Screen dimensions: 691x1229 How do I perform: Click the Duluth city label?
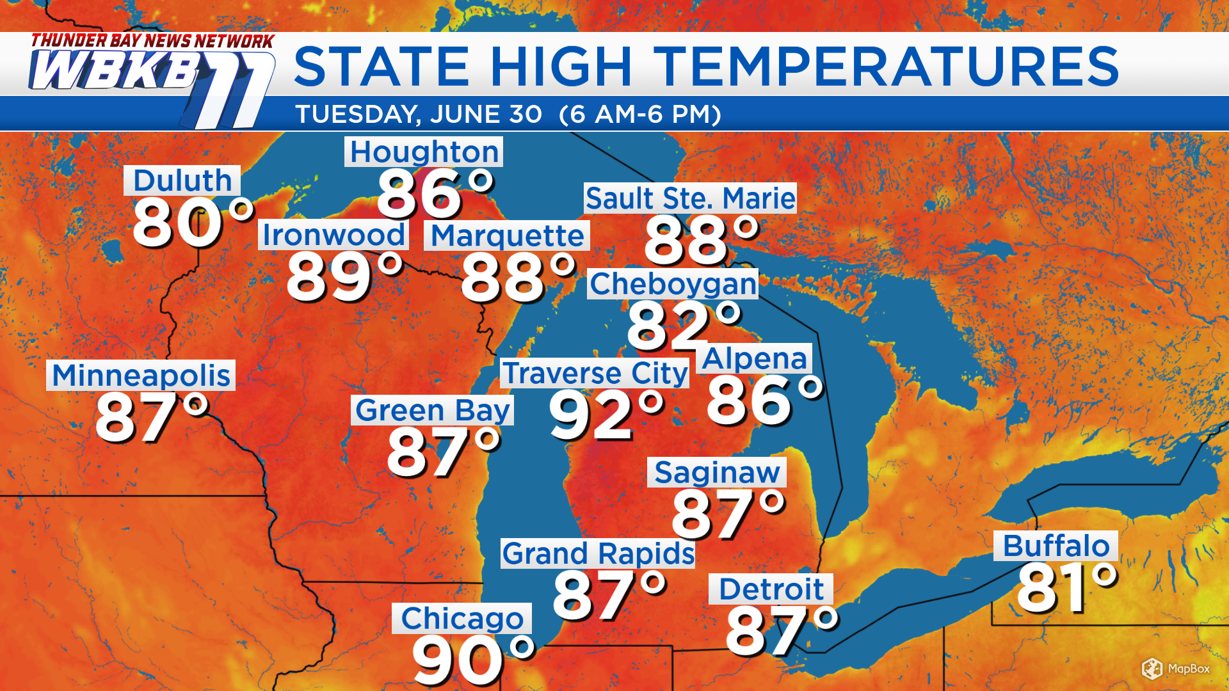[x=182, y=180]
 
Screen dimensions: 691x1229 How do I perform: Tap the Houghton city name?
[x=424, y=152]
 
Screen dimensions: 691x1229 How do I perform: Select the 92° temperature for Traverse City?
[x=605, y=416]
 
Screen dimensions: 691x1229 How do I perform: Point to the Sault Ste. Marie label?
[x=690, y=198]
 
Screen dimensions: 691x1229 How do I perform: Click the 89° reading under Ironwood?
[x=344, y=276]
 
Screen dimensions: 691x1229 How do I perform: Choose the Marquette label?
[x=507, y=235]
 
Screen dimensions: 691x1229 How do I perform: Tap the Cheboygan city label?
[x=673, y=284]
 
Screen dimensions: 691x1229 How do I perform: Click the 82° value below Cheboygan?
[x=682, y=326]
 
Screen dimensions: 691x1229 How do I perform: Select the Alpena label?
[x=754, y=358]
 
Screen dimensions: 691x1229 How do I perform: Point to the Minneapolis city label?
[x=141, y=375]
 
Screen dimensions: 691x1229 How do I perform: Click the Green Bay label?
[x=433, y=410]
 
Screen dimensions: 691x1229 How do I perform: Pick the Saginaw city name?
[x=717, y=472]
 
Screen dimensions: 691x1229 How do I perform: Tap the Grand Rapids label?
[x=598, y=553]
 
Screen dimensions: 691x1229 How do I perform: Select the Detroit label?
[x=771, y=589]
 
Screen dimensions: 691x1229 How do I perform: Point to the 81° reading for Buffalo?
[x=1066, y=587]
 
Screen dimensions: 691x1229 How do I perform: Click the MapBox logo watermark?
[x=1176, y=669]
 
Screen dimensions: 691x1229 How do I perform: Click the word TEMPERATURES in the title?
[x=887, y=67]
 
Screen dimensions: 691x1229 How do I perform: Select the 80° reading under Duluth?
[x=192, y=223]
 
